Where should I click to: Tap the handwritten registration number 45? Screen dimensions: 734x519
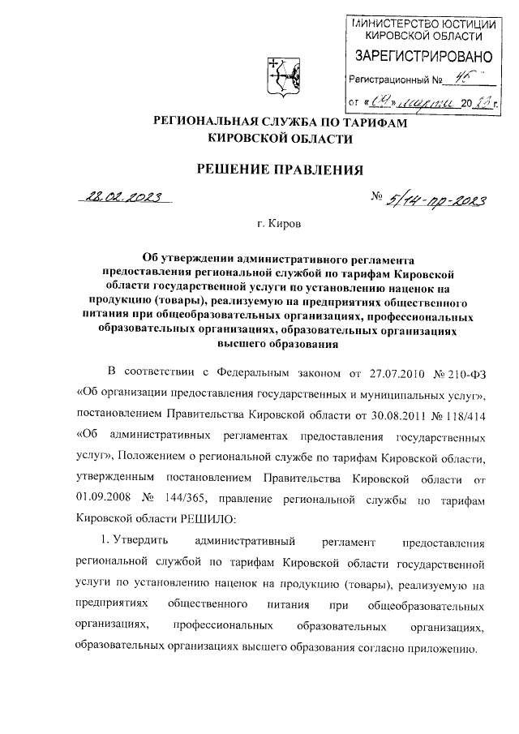click(464, 79)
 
